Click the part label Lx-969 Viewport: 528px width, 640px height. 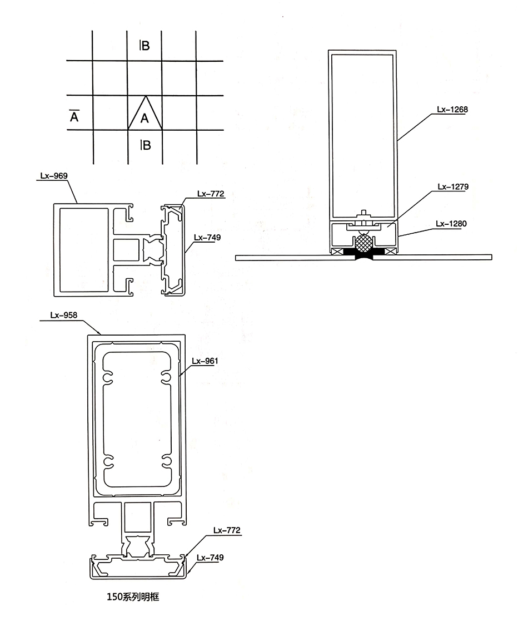point(54,176)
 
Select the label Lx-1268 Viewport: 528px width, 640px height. point(452,110)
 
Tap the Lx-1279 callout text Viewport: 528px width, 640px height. point(453,186)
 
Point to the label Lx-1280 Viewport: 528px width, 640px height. point(451,224)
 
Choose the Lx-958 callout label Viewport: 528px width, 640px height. point(63,315)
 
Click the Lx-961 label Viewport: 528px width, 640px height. point(205,361)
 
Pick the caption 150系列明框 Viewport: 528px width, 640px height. point(133,597)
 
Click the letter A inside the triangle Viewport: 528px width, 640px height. point(145,119)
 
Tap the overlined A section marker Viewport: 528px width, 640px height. point(74,116)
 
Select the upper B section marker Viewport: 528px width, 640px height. point(145,45)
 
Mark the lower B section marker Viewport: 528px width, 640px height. point(145,145)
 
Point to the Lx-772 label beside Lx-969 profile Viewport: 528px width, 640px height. point(211,194)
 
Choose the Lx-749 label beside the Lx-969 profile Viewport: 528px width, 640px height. point(207,238)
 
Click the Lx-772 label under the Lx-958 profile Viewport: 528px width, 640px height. point(227,530)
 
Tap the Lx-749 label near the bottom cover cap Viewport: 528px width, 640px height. point(210,558)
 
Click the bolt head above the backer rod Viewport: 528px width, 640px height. point(363,213)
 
